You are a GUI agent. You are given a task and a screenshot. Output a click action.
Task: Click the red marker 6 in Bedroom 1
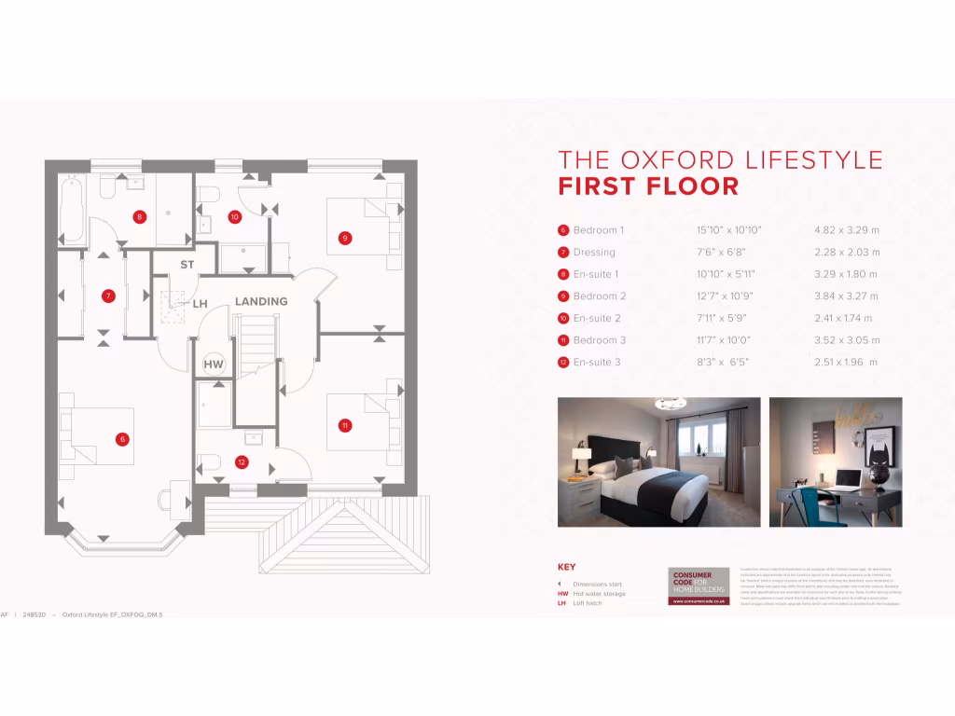[x=121, y=438]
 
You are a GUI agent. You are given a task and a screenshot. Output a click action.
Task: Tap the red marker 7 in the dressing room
[x=108, y=296]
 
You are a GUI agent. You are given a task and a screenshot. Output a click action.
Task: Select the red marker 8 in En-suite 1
[x=139, y=217]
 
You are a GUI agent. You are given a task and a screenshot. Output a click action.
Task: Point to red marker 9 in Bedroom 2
[x=345, y=238]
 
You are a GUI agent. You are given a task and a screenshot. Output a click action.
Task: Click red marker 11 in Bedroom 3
[x=345, y=425]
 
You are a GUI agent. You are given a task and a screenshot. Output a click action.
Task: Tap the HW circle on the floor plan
[x=214, y=363]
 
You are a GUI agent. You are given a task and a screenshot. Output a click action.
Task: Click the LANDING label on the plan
[x=260, y=302]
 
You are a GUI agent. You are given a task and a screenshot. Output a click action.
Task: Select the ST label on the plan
[x=187, y=265]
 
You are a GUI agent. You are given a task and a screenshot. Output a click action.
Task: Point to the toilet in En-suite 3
[x=211, y=461]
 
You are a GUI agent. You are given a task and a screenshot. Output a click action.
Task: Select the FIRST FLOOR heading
[x=648, y=186]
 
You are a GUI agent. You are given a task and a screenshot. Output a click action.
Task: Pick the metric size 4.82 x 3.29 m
[x=847, y=230]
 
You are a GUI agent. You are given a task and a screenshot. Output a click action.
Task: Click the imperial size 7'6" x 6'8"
[x=721, y=253]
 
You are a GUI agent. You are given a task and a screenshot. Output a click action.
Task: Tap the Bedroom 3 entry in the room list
[x=599, y=340]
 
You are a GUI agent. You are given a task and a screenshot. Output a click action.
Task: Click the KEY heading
[x=566, y=567]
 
